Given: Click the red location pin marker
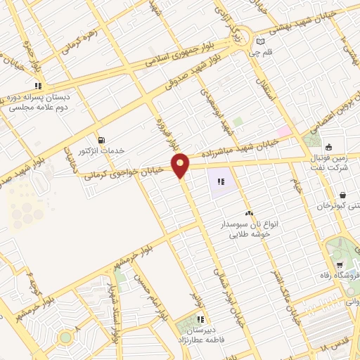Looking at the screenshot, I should [181, 165].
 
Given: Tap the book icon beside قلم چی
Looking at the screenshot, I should [260, 41].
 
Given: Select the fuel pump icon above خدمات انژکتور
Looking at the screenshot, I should [104, 139].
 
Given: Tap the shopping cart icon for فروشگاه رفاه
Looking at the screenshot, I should [340, 265].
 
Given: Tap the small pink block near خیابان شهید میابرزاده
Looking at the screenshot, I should [283, 131].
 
